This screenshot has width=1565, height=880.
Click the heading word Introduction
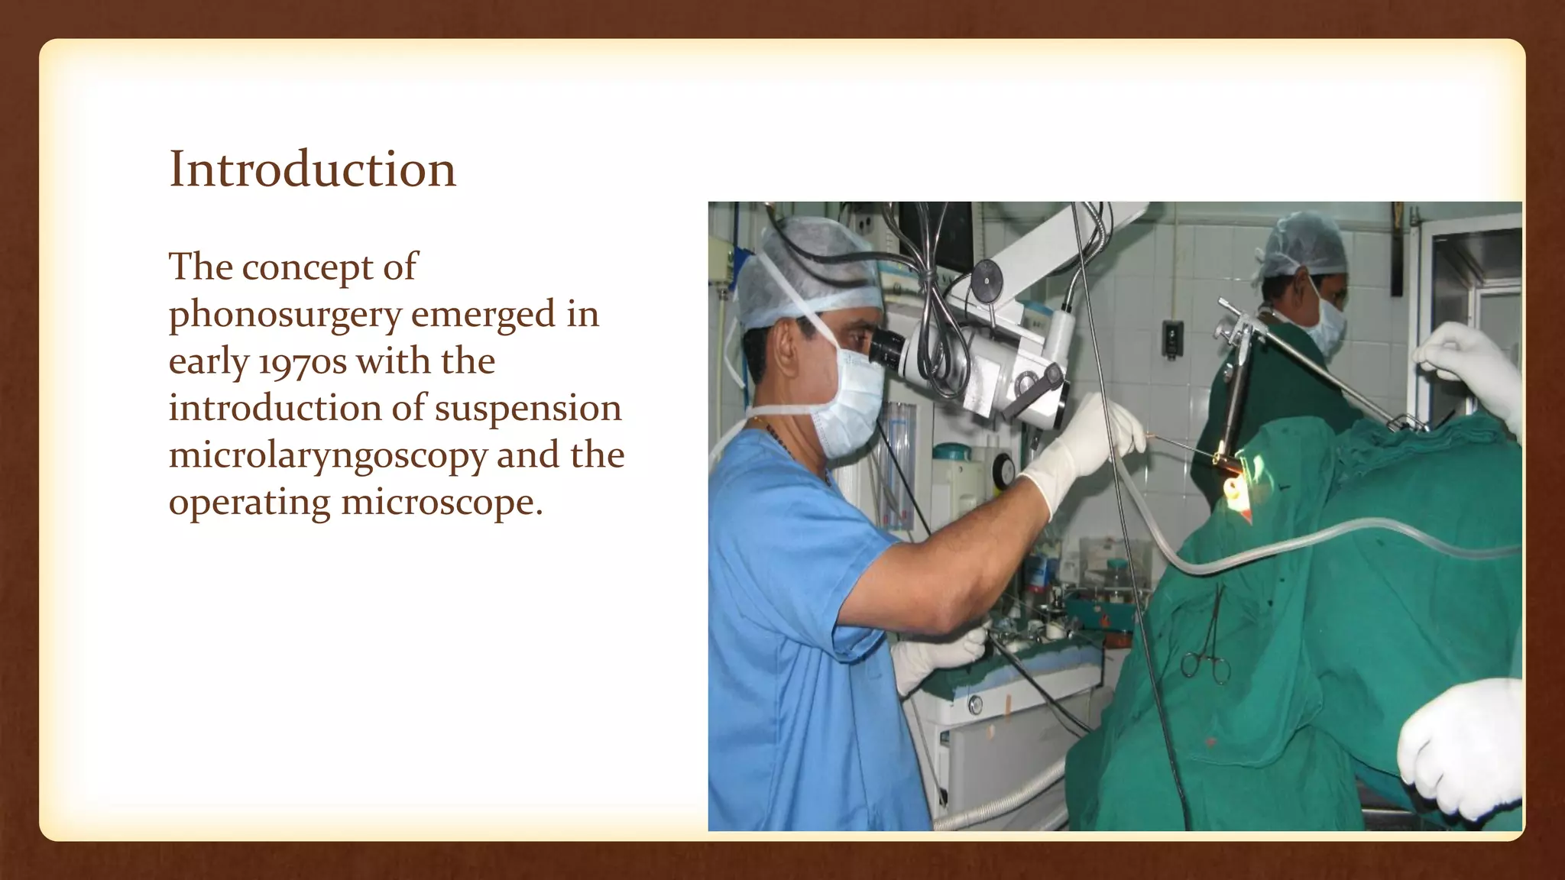tap(312, 169)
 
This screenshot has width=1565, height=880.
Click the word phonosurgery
tap(284, 315)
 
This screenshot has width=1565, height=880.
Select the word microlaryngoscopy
tap(327, 456)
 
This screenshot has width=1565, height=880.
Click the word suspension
tap(528, 409)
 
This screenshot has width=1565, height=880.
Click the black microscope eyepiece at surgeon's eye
tap(886, 348)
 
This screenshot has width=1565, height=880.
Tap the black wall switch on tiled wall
tap(1172, 340)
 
